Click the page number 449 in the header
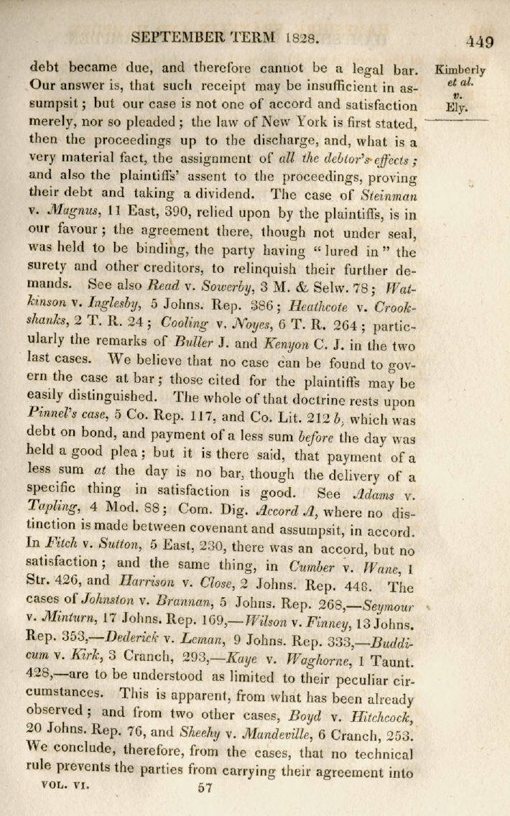(x=479, y=41)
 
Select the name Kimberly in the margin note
(x=460, y=70)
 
